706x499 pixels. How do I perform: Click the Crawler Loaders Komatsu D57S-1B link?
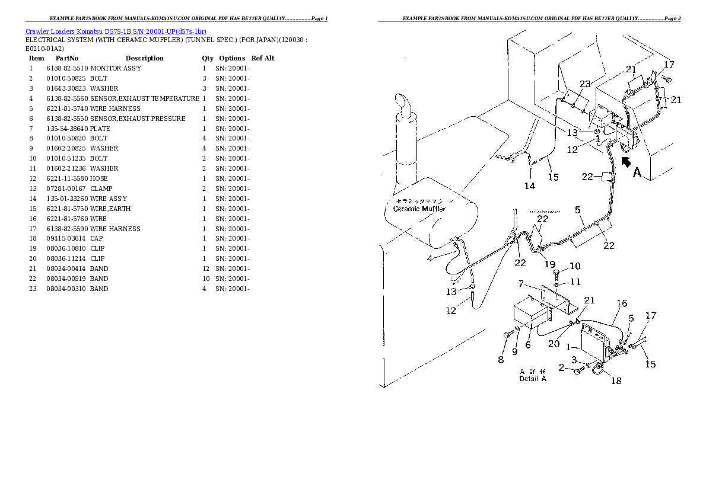pos(116,31)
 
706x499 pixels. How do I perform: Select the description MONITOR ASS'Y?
pos(116,68)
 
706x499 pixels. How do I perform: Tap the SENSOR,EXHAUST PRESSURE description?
pos(138,119)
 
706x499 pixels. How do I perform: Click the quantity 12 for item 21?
pos(204,269)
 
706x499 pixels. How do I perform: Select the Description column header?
pos(144,58)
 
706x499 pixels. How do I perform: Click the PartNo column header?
pos(67,58)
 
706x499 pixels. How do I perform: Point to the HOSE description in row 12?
pos(98,178)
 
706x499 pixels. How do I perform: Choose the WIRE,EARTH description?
pos(110,209)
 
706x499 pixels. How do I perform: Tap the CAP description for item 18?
pos(97,239)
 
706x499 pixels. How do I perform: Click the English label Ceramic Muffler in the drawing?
pos(419,209)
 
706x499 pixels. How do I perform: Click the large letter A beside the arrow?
pos(637,172)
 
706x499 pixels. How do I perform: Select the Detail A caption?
pos(532,378)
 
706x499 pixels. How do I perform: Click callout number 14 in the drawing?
pos(530,185)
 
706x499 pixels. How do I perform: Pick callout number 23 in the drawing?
pos(585,84)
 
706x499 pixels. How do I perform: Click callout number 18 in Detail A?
pos(616,380)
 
